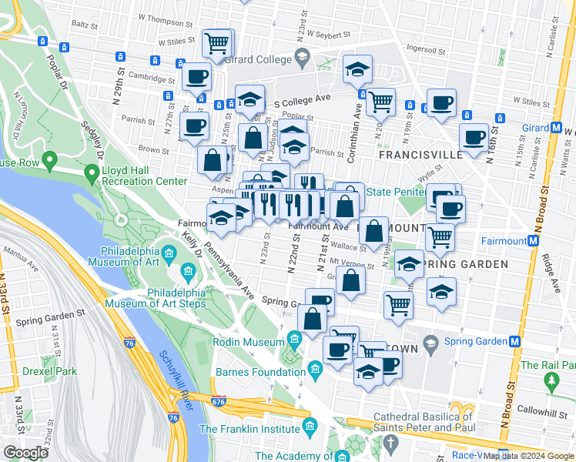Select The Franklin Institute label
point(250,429)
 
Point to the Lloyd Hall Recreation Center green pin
point(92,175)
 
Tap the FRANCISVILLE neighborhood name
point(421,154)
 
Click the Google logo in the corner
point(26,453)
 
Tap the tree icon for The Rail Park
point(551,380)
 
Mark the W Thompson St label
point(163,16)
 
